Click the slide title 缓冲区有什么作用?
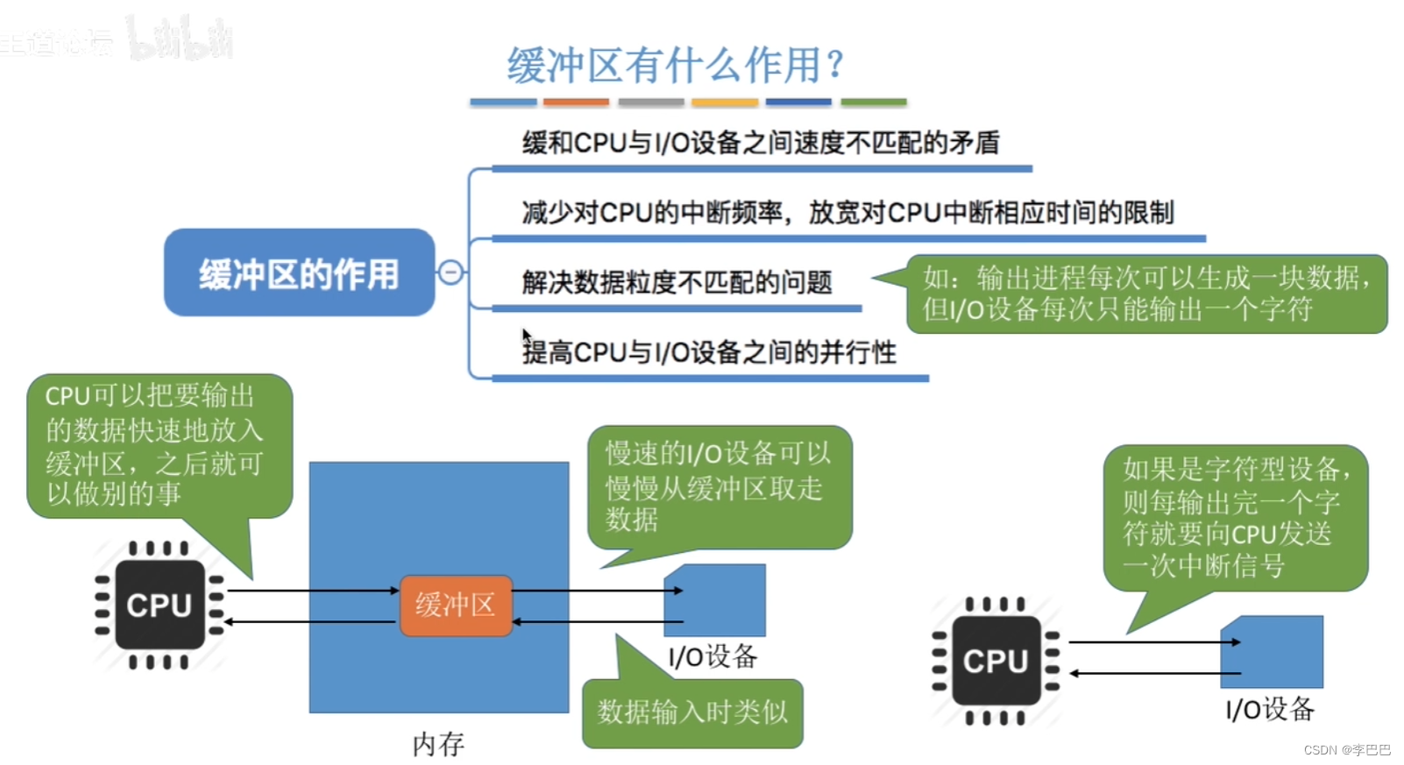[675, 64]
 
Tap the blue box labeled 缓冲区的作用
[299, 273]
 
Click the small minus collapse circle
[450, 273]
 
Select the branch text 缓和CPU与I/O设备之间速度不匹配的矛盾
[760, 143]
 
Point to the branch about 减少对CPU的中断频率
[847, 213]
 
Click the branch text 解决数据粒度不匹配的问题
[677, 283]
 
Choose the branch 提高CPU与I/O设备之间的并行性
[709, 352]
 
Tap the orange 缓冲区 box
[456, 605]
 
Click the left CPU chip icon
[160, 605]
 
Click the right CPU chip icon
[996, 661]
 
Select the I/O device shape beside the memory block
[716, 600]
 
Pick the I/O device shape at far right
[1273, 651]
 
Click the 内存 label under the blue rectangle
[438, 744]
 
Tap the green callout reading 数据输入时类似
[692, 712]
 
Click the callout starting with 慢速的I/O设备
[719, 486]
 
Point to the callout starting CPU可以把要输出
[158, 445]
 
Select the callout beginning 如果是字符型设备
[1235, 517]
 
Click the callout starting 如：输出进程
[1146, 294]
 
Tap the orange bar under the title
[576, 103]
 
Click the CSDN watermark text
[1346, 750]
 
